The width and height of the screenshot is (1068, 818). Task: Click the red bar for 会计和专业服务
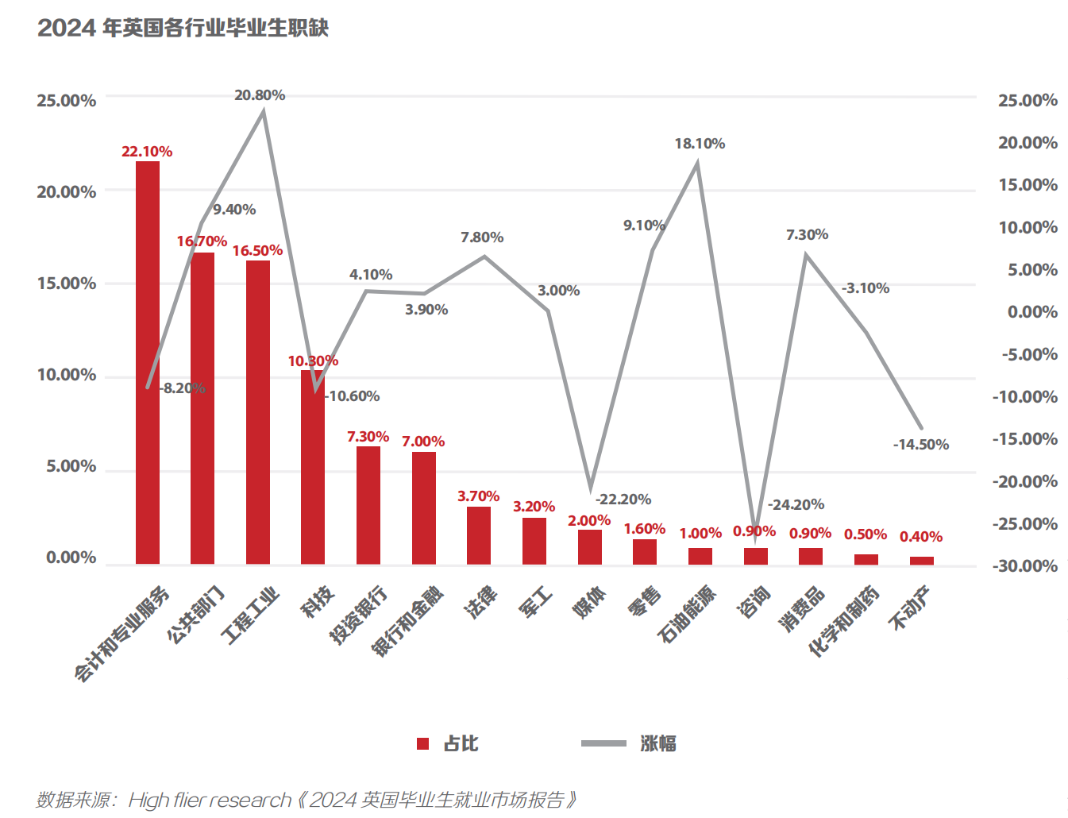148,362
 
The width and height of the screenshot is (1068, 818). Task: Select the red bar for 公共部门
202,408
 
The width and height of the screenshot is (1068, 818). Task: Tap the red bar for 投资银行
368,505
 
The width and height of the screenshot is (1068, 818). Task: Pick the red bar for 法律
479,535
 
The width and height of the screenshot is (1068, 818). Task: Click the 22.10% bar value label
147,152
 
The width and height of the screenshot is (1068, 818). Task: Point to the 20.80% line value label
260,95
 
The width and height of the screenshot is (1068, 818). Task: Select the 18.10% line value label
700,144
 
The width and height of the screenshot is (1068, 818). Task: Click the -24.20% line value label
796,505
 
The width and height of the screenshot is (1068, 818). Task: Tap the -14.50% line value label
921,445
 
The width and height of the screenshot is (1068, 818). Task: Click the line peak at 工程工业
264,112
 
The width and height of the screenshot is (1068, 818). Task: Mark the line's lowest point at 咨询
755,539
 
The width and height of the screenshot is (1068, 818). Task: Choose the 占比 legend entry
449,743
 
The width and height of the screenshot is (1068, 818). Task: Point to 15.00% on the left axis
67,284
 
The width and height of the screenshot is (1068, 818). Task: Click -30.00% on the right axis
1025,566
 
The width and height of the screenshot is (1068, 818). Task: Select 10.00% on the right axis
1028,228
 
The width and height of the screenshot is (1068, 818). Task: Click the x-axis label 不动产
909,608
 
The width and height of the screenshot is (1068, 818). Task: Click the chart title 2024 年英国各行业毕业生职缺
183,28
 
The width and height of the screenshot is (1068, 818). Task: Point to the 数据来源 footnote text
306,799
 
